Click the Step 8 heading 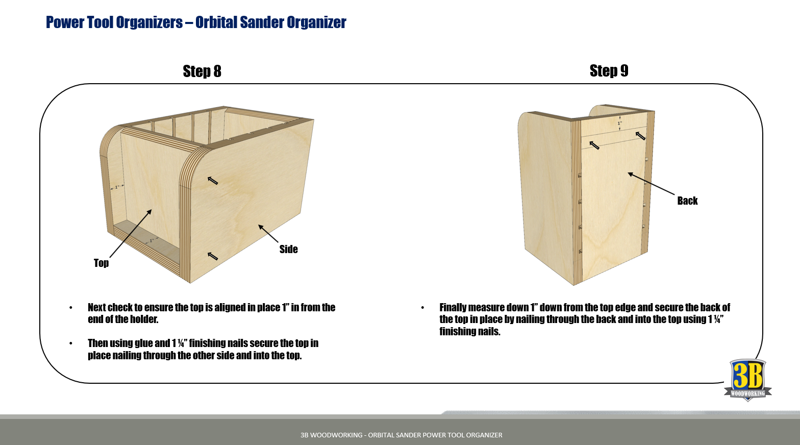coord(202,71)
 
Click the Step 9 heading coord(609,71)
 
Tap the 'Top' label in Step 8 coord(101,263)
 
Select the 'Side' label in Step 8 coord(289,249)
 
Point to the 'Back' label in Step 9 coord(688,201)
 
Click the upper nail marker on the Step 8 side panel coord(213,181)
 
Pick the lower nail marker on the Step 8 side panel coord(213,256)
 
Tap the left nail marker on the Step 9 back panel coord(594,145)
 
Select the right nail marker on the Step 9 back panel coord(640,136)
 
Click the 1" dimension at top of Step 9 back coord(620,123)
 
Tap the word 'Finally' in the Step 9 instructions coord(453,308)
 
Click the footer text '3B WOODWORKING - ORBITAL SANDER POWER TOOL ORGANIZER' coord(401,435)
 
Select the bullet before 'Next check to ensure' coord(71,308)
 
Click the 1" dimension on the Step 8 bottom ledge coord(152,240)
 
